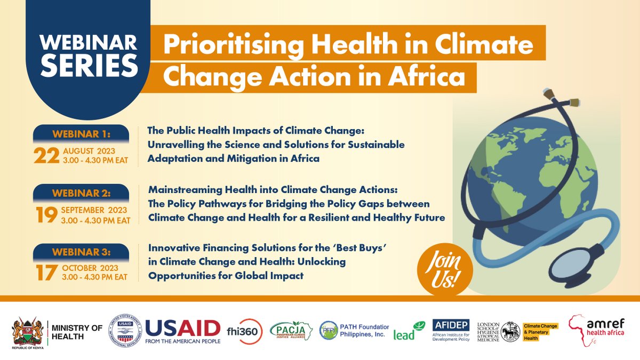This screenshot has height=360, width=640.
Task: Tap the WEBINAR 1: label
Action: [81, 132]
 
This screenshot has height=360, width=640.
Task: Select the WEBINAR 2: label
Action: [81, 191]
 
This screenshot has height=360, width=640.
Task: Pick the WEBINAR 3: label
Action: [81, 251]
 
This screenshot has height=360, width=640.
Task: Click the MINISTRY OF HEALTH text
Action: [74, 331]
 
